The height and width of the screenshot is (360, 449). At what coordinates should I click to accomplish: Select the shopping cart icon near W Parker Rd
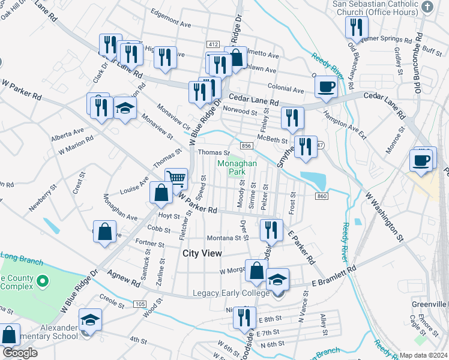[x=176, y=178]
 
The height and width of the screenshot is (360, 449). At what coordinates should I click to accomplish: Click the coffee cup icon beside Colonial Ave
[x=326, y=86]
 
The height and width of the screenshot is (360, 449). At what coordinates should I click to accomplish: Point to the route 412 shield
[x=212, y=45]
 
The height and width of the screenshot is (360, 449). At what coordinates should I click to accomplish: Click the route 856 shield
[x=246, y=146]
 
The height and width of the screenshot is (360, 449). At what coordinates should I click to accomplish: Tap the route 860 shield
[x=322, y=196]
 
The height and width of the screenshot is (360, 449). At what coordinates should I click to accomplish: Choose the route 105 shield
[x=140, y=304]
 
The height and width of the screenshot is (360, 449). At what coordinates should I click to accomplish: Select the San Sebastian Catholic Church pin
[x=427, y=7]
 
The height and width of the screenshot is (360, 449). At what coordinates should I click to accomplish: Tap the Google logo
[x=20, y=353]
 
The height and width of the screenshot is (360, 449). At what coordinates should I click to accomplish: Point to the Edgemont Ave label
[x=170, y=26]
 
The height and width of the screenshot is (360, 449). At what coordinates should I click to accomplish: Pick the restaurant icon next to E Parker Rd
[x=271, y=230]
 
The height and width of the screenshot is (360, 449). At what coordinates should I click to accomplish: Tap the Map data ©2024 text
[x=424, y=355]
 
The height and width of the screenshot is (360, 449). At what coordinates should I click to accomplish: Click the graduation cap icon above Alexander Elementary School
[x=90, y=319]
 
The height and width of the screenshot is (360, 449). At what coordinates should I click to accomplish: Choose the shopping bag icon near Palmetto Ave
[x=236, y=58]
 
